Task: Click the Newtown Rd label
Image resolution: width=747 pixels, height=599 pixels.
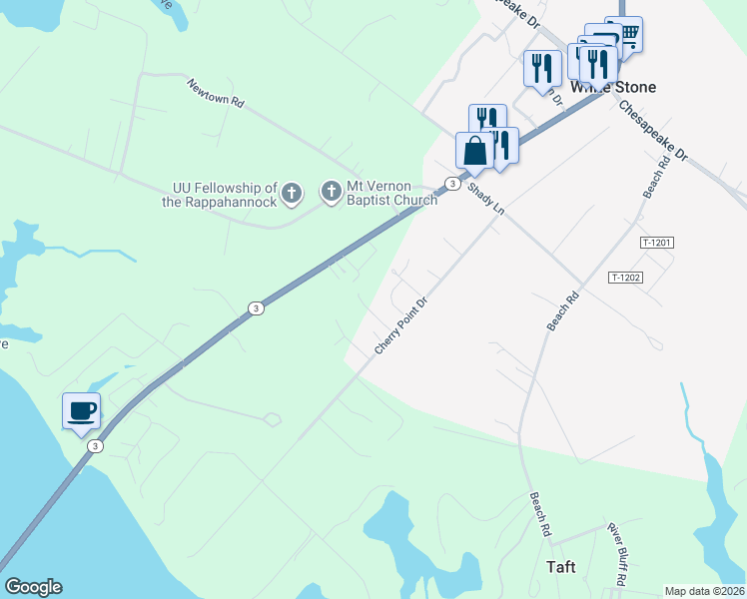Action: click(x=215, y=94)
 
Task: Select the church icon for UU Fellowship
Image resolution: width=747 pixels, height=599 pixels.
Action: click(x=291, y=193)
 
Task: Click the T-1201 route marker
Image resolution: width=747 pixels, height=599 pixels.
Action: click(x=657, y=243)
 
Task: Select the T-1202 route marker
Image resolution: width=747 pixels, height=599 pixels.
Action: click(x=625, y=278)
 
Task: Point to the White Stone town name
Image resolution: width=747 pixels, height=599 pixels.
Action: click(x=613, y=88)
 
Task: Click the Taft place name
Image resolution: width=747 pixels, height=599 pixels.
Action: click(x=561, y=567)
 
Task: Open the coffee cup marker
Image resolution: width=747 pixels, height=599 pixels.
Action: click(x=81, y=409)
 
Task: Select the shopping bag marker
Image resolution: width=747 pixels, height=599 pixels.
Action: click(x=474, y=151)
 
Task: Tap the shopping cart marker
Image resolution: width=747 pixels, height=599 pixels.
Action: click(x=628, y=33)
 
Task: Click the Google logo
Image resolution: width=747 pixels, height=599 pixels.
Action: click(x=33, y=587)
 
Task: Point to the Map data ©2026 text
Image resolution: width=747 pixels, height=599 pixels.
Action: click(x=705, y=590)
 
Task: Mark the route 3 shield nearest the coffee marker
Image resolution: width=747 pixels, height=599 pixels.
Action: click(x=94, y=445)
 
